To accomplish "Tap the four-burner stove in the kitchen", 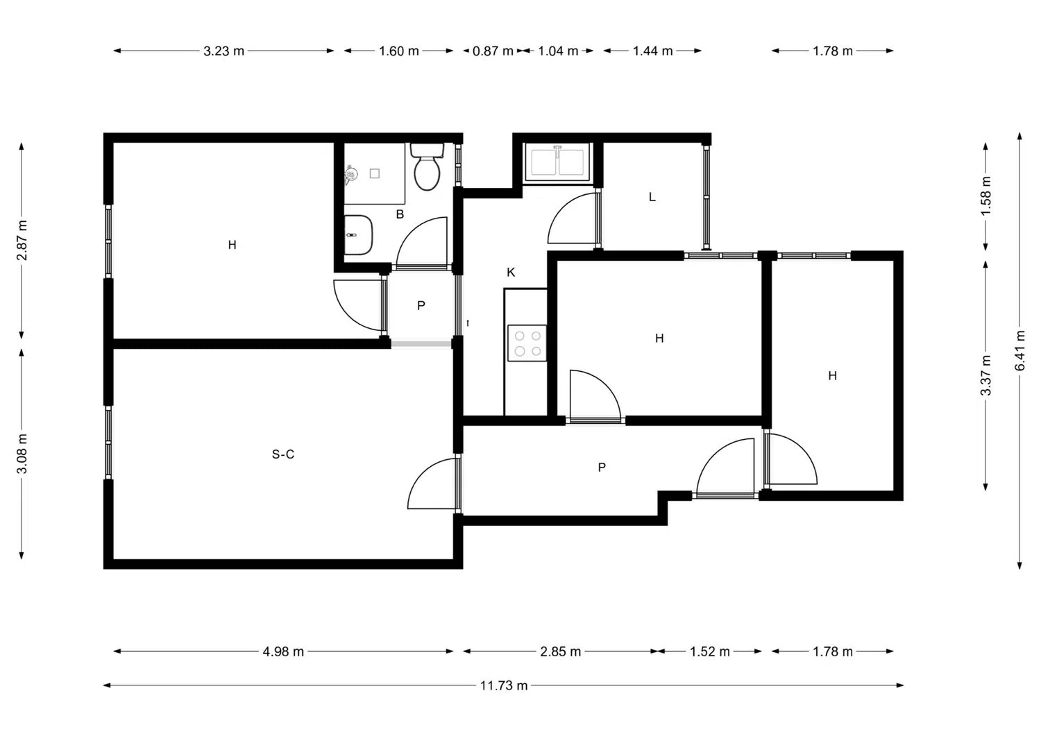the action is point(527,343).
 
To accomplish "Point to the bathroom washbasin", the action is point(358,234).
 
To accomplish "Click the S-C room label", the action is point(283,454).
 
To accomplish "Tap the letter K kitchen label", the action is point(511,273).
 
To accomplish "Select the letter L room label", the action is point(652,197).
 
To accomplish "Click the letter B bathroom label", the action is point(400,214).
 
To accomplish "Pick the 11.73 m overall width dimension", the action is point(504,685).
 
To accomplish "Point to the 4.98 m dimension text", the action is point(283,651).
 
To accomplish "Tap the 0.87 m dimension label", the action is point(493,51).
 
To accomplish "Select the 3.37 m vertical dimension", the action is point(985,375).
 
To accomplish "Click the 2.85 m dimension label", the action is point(561,651).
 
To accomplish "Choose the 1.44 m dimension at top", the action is point(652,51).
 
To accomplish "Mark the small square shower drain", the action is point(375,173).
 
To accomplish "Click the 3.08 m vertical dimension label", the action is point(22,454).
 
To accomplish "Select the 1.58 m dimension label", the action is point(985,196).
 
